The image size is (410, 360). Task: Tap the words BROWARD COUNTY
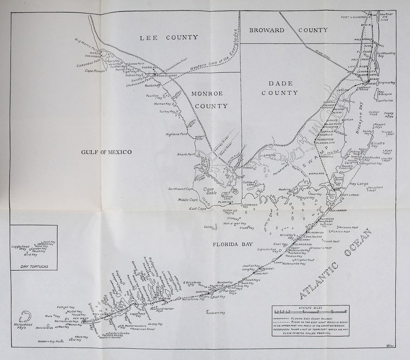(x=289, y=30)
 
